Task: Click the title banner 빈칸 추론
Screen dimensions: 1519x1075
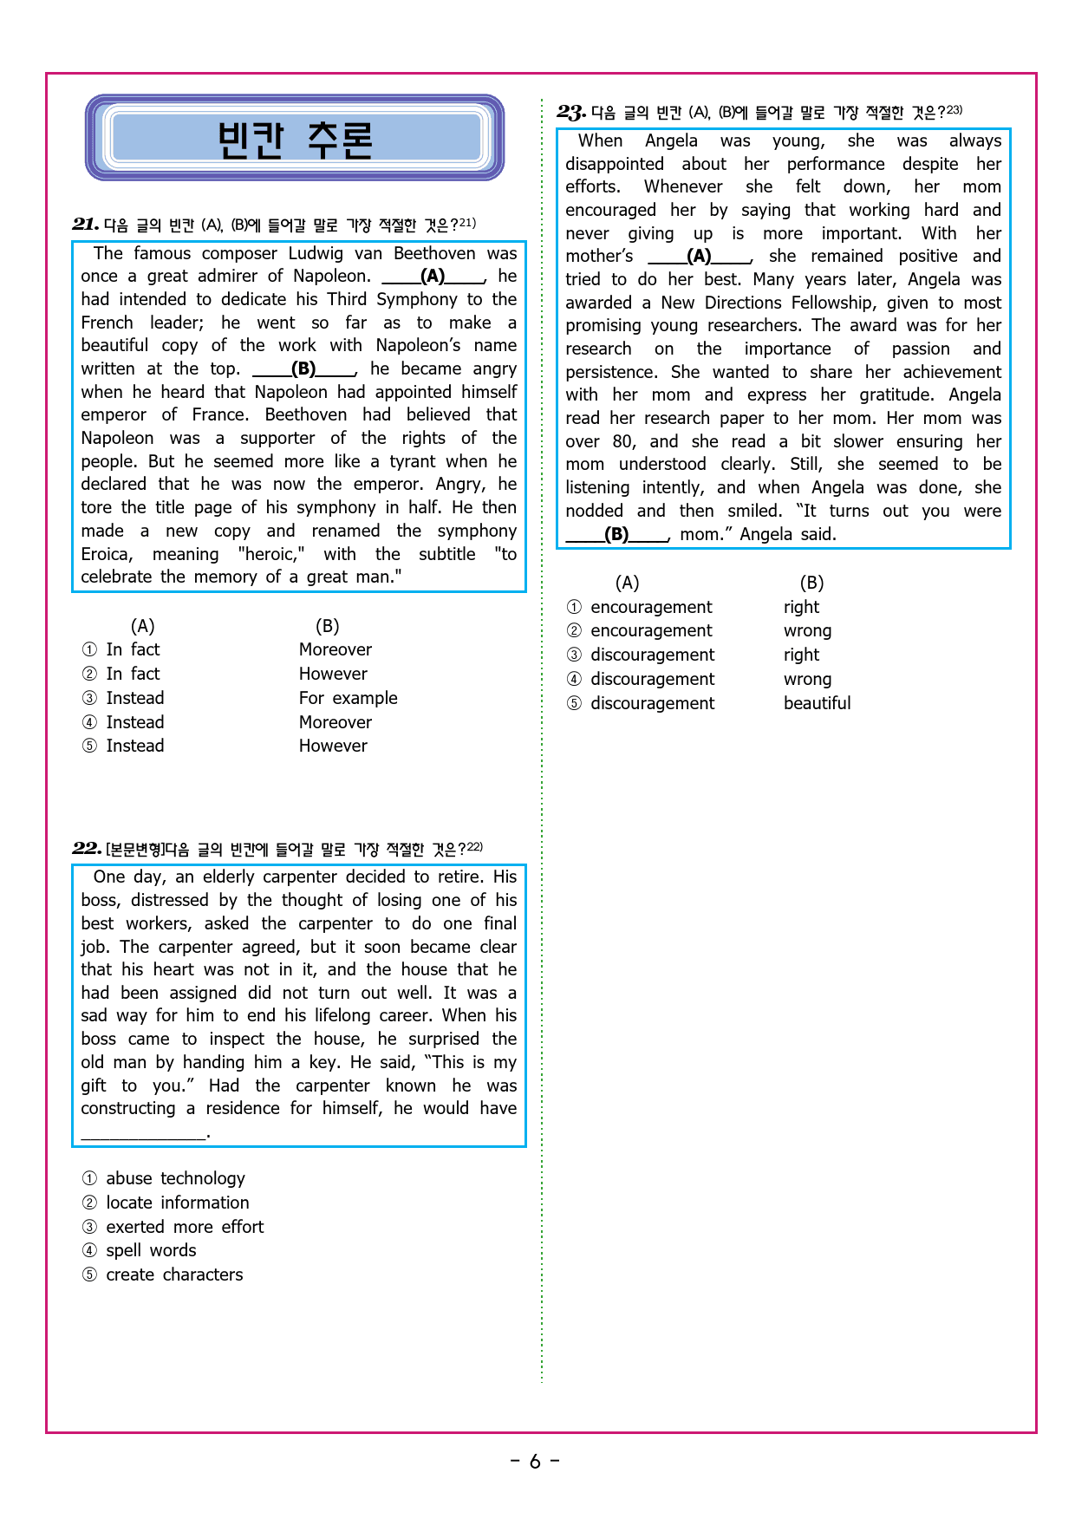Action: [x=295, y=139]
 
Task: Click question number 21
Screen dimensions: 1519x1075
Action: [x=85, y=225]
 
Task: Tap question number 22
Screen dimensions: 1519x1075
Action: [x=86, y=849]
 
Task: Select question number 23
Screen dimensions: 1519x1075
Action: [x=571, y=113]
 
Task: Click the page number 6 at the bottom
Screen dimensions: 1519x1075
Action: [x=535, y=1462]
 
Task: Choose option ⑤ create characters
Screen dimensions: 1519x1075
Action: [x=174, y=1275]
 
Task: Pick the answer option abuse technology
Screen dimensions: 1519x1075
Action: [x=175, y=1178]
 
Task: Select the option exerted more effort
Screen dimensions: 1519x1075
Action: [x=185, y=1227]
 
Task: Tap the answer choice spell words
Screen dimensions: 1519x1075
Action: [x=151, y=1250]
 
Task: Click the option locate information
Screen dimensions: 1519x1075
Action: [x=178, y=1203]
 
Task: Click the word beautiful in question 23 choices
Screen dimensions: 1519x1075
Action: [x=817, y=703]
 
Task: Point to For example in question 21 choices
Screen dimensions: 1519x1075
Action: [x=348, y=698]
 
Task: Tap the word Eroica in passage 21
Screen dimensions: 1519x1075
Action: [x=107, y=554]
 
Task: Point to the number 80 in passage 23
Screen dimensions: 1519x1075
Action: [x=623, y=441]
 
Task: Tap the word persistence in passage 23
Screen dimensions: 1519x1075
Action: [x=611, y=372]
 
